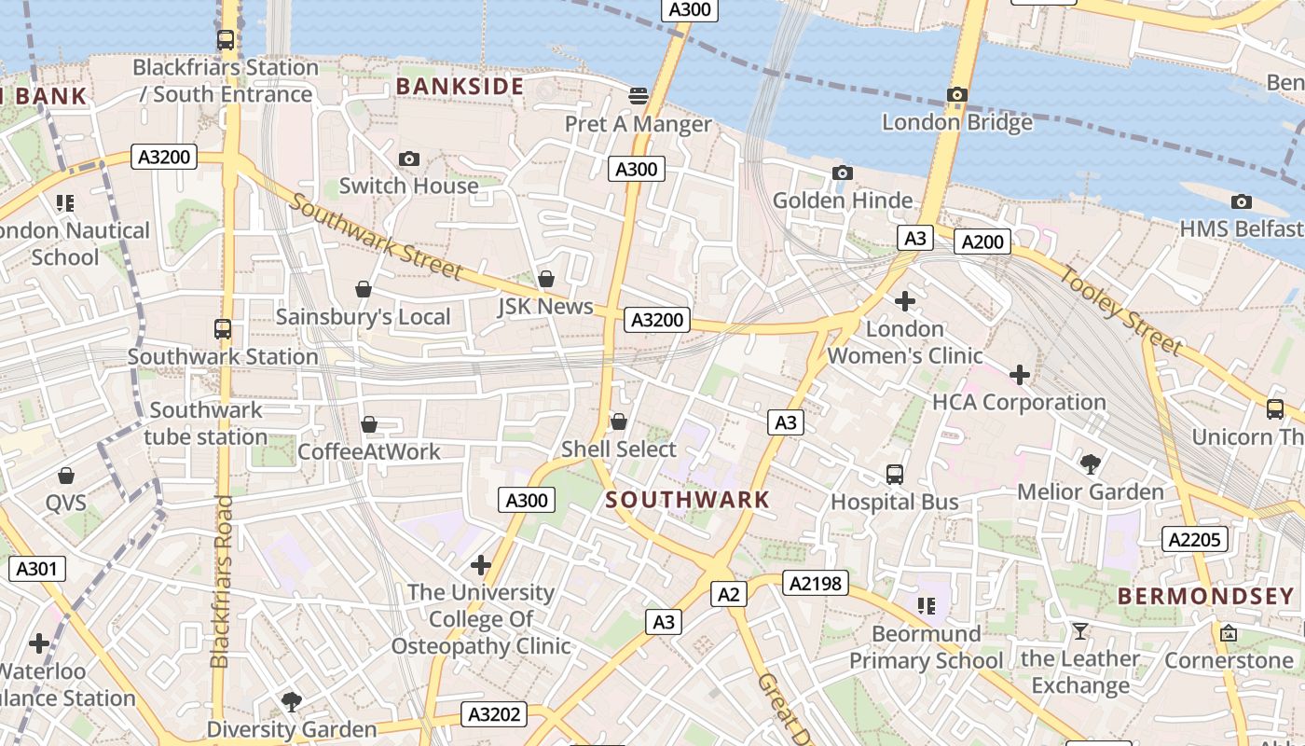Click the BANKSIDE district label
click(x=460, y=87)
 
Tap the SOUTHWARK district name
click(x=688, y=500)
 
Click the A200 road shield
click(x=982, y=242)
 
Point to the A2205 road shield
click(x=1195, y=539)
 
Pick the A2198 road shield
click(x=815, y=584)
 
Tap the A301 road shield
click(x=37, y=569)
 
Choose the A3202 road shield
click(x=494, y=715)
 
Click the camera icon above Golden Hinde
click(x=842, y=173)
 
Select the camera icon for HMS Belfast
click(x=1241, y=202)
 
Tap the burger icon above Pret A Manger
click(x=639, y=95)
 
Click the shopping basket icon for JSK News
click(x=546, y=280)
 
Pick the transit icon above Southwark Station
click(x=222, y=329)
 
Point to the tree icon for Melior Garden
click(x=1090, y=463)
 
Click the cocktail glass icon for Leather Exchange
click(x=1079, y=631)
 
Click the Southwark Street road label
click(x=375, y=237)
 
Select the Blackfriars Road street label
click(x=221, y=582)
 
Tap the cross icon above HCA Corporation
click(x=1020, y=375)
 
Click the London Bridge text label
click(x=956, y=122)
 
